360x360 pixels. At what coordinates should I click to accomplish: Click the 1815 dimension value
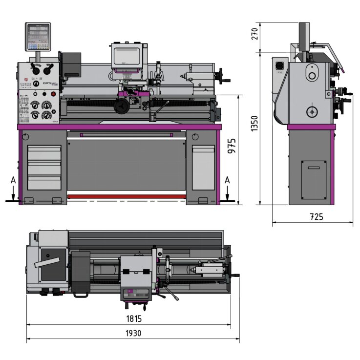tap(133, 318)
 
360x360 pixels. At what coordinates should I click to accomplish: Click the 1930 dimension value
tap(133, 333)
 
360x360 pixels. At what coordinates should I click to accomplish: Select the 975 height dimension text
tap(233, 147)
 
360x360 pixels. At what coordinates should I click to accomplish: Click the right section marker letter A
tap(227, 180)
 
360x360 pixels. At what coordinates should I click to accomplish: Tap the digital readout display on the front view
tap(38, 37)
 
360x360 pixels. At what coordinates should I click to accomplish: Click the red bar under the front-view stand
tap(127, 196)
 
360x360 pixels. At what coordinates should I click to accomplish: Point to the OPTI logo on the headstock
tap(48, 84)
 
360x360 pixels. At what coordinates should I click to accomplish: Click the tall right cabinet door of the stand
tap(203, 167)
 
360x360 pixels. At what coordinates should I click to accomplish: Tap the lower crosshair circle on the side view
tap(312, 112)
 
